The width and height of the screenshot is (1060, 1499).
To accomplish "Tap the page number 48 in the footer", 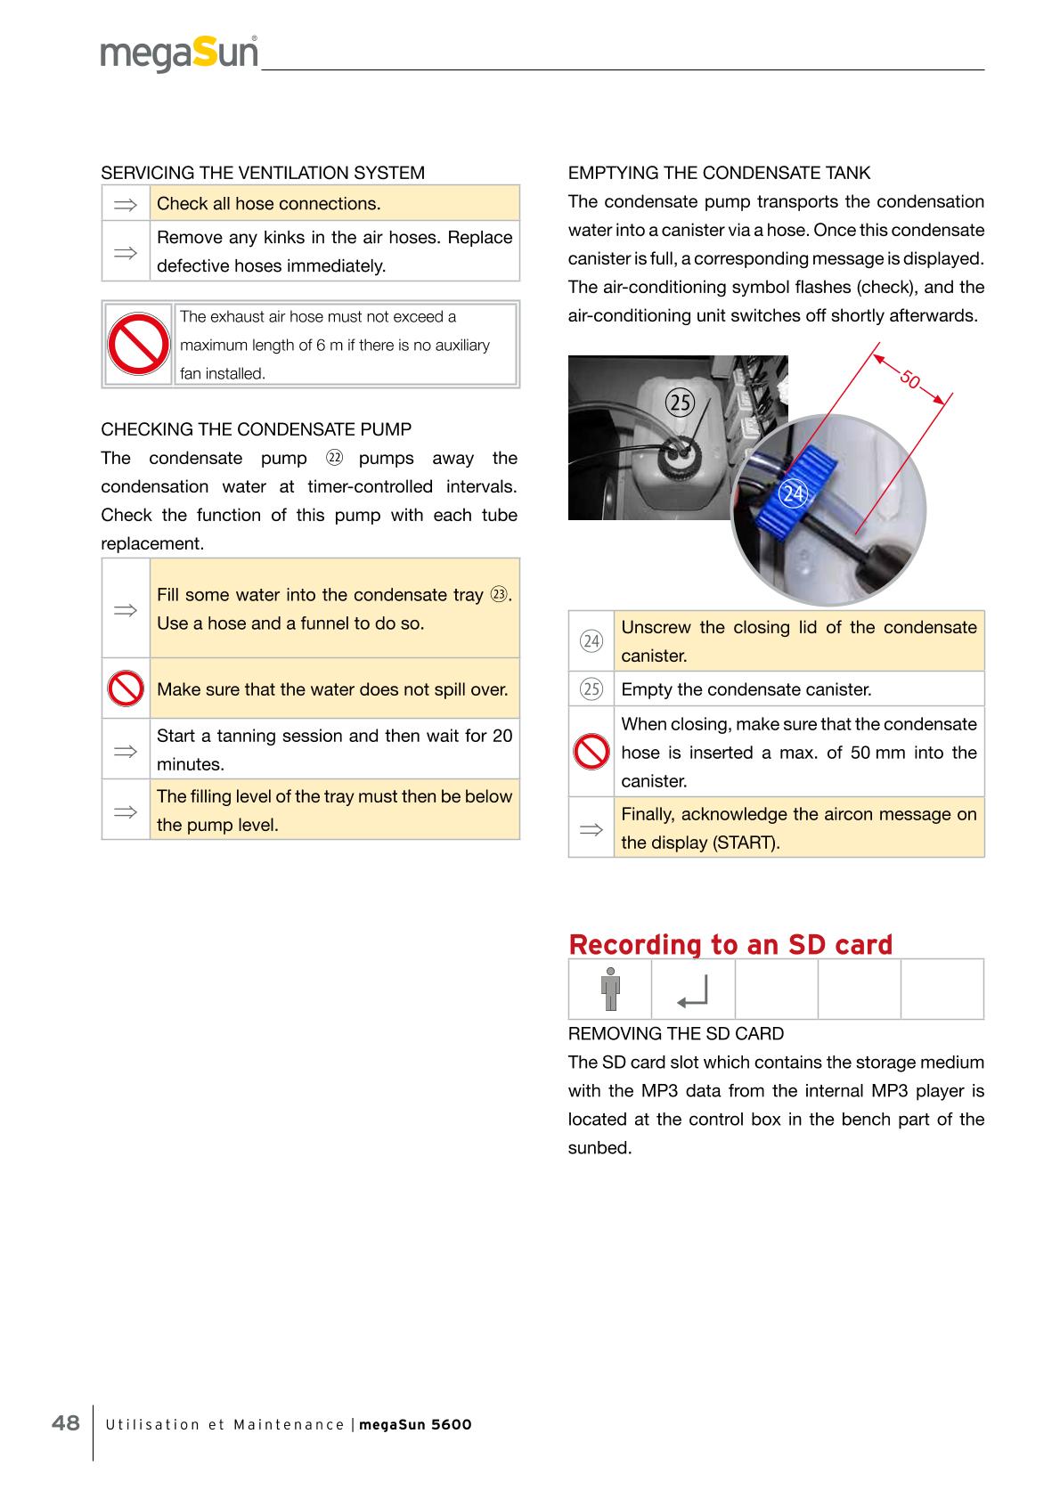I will pos(66,1422).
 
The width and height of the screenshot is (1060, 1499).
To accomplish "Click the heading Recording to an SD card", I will pos(730,944).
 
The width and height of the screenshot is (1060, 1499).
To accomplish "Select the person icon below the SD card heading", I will pos(609,989).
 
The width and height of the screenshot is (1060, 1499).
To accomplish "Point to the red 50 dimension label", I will pos(909,379).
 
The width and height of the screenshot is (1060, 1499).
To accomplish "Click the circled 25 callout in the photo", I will pos(680,403).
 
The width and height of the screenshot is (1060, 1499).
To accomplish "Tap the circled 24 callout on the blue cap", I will pos(793,493).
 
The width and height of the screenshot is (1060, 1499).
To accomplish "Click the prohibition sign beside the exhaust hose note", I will pos(137,345).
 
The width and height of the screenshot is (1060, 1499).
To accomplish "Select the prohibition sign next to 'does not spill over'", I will pos(126,688).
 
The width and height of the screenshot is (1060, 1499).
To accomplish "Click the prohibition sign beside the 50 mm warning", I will pos(591,753).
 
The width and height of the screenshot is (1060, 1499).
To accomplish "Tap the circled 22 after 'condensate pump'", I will pos(334,459).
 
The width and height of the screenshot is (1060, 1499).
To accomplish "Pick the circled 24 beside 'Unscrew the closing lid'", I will pos(591,641).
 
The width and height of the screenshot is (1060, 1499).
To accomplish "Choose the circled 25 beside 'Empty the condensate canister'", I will pos(591,689).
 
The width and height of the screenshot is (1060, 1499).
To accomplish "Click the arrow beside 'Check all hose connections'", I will pos(126,204).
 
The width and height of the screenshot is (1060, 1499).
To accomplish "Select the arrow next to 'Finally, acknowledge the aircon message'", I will pos(591,828).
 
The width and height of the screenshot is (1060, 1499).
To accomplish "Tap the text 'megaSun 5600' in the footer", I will pos(415,1424).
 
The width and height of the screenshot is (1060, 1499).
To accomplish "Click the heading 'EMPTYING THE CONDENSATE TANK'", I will pos(719,173).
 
